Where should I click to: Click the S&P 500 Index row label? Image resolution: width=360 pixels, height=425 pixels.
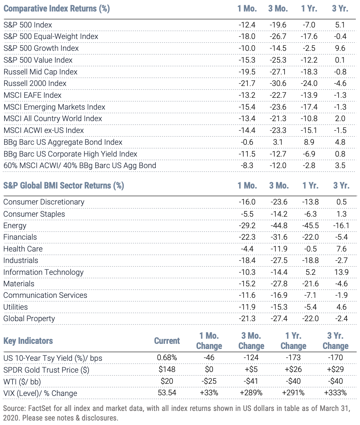pyautogui.click(x=28, y=25)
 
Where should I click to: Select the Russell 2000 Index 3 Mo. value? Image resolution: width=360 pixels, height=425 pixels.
pyautogui.click(x=278, y=83)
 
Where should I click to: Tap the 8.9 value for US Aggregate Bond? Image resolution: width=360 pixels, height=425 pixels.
pyautogui.click(x=309, y=142)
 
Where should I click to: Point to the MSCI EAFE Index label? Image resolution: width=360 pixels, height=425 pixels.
pyautogui.click(x=33, y=95)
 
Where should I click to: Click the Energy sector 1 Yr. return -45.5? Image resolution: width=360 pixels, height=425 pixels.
pyautogui.click(x=310, y=226)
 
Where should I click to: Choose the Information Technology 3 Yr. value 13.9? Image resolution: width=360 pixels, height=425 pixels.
pyautogui.click(x=341, y=272)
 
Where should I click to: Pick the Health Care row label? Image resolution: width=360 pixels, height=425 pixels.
pyautogui.click(x=23, y=249)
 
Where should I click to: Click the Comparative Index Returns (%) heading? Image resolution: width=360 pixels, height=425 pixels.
pyautogui.click(x=57, y=9)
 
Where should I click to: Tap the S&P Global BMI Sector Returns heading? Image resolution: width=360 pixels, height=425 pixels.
pyautogui.click(x=64, y=185)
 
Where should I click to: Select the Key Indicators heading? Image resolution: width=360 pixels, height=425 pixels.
pyautogui.click(x=28, y=341)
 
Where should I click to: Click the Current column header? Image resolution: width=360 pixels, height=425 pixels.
pyautogui.click(x=167, y=341)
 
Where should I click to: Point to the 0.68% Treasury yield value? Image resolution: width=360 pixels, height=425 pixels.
pyautogui.click(x=167, y=358)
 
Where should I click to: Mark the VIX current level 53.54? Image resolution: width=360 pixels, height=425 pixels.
pyautogui.click(x=167, y=393)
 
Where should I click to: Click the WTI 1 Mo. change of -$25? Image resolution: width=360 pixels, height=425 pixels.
pyautogui.click(x=209, y=381)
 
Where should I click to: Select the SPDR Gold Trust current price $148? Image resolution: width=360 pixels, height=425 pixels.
pyautogui.click(x=167, y=369)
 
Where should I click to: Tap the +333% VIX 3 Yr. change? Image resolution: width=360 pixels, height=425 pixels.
pyautogui.click(x=335, y=393)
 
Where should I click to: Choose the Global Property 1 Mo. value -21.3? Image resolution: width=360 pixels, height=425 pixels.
pyautogui.click(x=247, y=319)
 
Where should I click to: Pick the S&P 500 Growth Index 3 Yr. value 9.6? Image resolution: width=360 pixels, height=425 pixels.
pyautogui.click(x=340, y=48)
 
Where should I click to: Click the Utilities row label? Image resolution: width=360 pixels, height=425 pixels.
pyautogui.click(x=15, y=307)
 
